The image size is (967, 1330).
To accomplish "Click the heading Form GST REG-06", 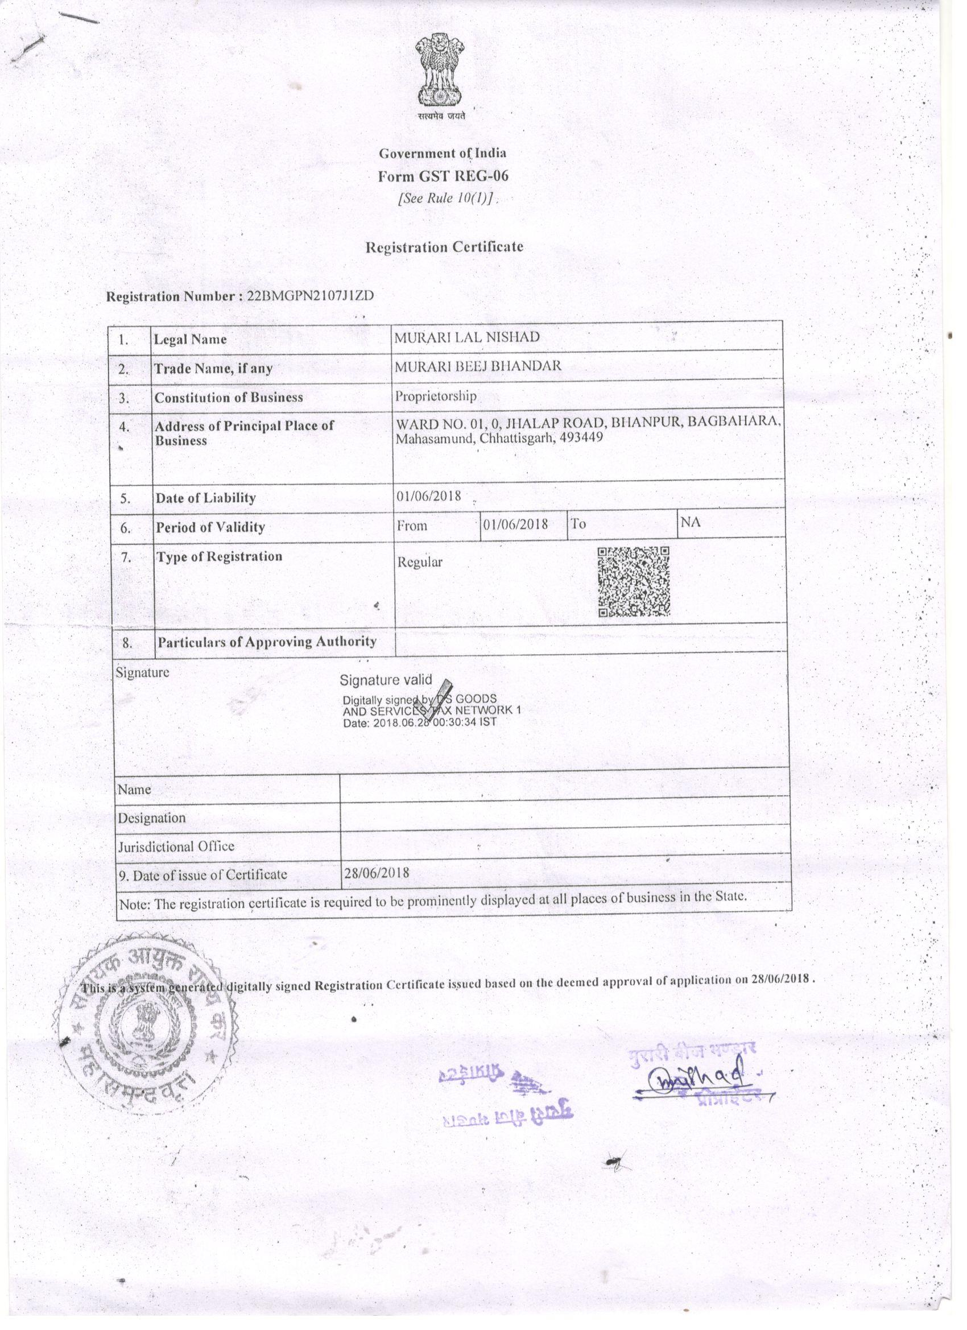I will pyautogui.click(x=443, y=176).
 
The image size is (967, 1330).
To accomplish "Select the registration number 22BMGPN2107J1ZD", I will pyautogui.click(x=310, y=295).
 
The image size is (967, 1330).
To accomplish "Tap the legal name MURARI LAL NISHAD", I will pyautogui.click(x=467, y=337).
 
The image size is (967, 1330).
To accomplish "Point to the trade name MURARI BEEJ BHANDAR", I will pyautogui.click(x=478, y=366).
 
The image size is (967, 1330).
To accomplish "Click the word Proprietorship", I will pyautogui.click(x=435, y=396).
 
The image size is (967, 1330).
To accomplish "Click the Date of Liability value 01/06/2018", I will pyautogui.click(x=428, y=496).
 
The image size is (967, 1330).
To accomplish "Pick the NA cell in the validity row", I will pyautogui.click(x=690, y=521).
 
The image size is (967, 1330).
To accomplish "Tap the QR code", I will pyautogui.click(x=633, y=582).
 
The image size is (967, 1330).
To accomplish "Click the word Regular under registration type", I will pyautogui.click(x=420, y=562).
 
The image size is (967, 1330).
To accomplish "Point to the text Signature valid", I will pyautogui.click(x=385, y=680).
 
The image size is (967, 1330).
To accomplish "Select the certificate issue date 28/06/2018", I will pyautogui.click(x=377, y=873).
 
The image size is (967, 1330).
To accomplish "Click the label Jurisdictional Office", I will pyautogui.click(x=176, y=846).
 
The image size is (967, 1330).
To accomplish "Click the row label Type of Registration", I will pyautogui.click(x=219, y=556).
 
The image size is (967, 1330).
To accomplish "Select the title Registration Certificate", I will pyautogui.click(x=444, y=247).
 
